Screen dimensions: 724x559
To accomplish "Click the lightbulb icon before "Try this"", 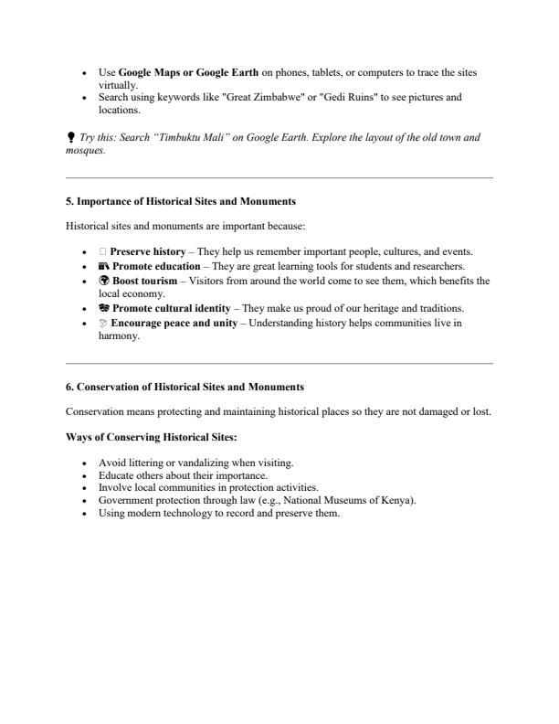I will tap(71, 138).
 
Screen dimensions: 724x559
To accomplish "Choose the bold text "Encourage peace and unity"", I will tap(174, 323).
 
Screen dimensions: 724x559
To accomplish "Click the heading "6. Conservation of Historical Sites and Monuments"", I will tap(185, 387).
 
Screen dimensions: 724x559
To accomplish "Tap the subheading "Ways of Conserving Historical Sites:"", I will tap(152, 438).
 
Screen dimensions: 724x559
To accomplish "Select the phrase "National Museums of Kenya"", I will tap(355, 501).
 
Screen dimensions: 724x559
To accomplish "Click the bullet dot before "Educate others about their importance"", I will tap(85, 475).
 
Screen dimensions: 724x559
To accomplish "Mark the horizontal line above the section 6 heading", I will tap(279, 363).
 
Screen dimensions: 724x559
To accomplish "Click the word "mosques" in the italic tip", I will tap(85, 151).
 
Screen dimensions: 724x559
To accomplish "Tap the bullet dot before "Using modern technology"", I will tap(85, 514).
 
